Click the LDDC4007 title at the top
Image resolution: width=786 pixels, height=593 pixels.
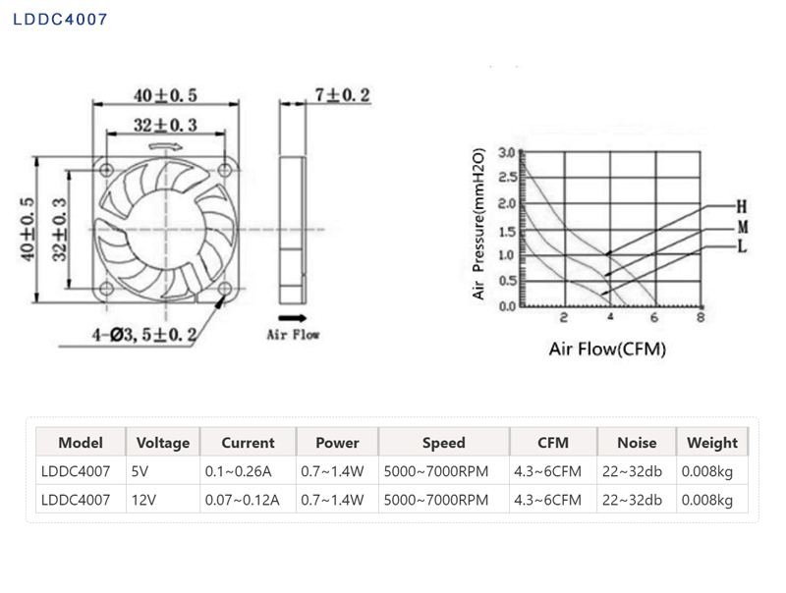60,20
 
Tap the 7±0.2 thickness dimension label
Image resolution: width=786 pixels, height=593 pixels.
342,94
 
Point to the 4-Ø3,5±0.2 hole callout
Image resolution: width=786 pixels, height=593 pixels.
143,334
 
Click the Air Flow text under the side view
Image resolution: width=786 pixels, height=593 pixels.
293,335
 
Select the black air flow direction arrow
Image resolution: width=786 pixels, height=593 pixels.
292,318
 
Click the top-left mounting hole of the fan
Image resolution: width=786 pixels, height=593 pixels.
106,170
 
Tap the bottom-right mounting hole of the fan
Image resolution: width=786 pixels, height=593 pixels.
225,289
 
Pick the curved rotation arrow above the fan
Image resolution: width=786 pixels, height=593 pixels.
166,146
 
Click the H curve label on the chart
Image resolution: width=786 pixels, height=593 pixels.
742,206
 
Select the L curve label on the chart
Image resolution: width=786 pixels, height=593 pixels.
742,246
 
